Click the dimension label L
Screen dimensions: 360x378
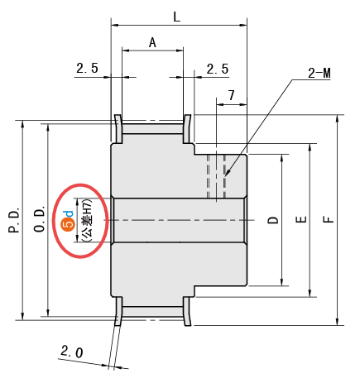pyautogui.click(x=176, y=17)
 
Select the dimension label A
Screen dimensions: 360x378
pyautogui.click(x=152, y=43)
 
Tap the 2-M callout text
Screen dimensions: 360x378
pyautogui.click(x=319, y=74)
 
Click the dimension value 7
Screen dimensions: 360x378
pyautogui.click(x=231, y=95)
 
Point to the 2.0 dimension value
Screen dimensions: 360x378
pyautogui.click(x=71, y=352)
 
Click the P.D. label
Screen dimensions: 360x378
pyautogui.click(x=14, y=220)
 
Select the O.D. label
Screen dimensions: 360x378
pyautogui.click(x=40, y=218)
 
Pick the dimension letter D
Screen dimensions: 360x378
pyautogui.click(x=273, y=220)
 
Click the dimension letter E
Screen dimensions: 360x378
pyautogui.click(x=301, y=219)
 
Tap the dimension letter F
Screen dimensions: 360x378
pyautogui.click(x=329, y=219)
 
